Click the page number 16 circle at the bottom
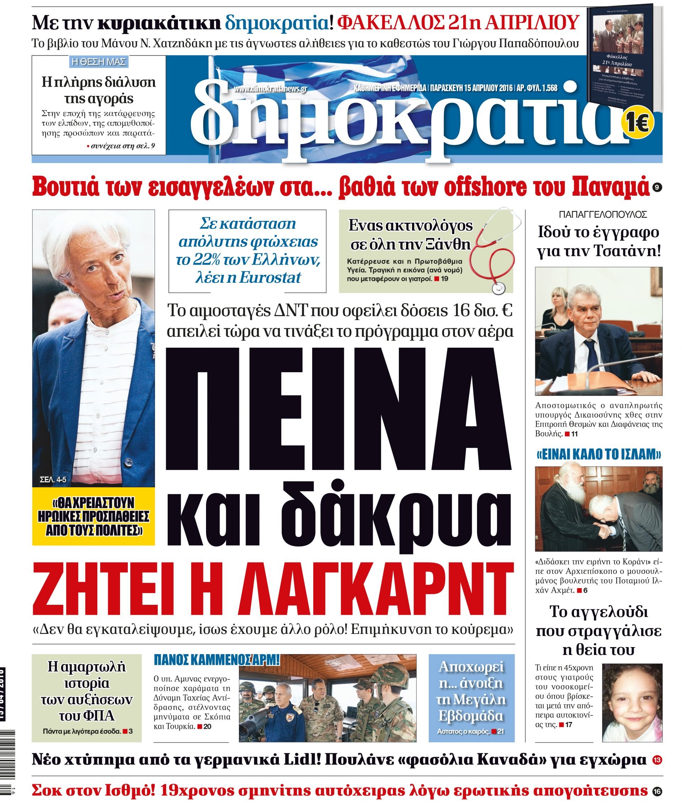[x=657, y=791]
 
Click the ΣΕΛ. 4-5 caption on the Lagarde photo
[x=53, y=480]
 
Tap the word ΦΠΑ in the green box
[x=87, y=716]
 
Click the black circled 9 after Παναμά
[x=657, y=188]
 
